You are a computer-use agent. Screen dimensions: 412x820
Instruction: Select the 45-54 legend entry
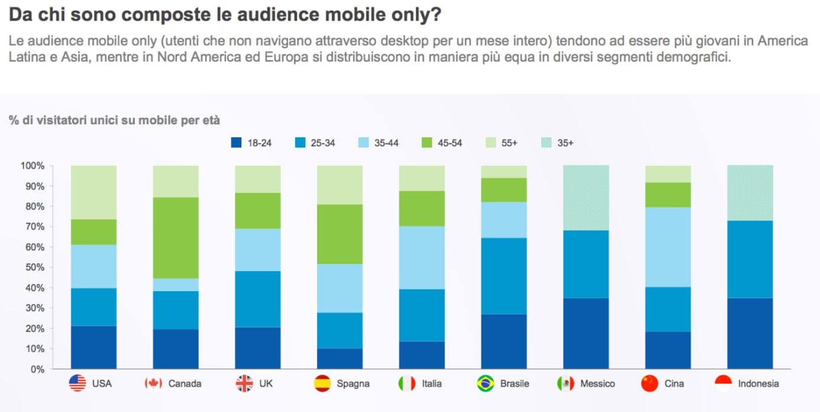coord(441,143)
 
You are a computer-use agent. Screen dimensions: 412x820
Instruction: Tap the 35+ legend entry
coord(556,143)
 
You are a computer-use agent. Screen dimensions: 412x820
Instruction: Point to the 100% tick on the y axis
coord(33,166)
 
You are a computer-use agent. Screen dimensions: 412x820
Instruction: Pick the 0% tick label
coord(38,369)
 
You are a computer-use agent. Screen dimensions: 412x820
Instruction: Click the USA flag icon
coord(78,384)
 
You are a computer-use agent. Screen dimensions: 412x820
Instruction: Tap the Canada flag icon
coord(153,384)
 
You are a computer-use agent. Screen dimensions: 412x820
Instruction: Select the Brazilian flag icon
coord(485,384)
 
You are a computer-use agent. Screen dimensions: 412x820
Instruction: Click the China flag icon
coord(649,384)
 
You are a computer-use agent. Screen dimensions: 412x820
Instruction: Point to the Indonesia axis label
coord(758,384)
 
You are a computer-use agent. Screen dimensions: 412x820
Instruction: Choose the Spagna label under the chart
coord(353,384)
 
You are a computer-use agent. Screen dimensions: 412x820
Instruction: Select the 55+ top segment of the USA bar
coord(93,192)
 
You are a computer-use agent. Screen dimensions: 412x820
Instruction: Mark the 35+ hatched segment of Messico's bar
coord(586,198)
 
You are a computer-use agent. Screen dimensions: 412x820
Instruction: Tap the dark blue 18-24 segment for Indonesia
coord(750,333)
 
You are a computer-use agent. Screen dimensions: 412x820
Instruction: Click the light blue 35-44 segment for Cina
coord(668,247)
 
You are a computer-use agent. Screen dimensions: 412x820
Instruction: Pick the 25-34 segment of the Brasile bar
coord(503,276)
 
